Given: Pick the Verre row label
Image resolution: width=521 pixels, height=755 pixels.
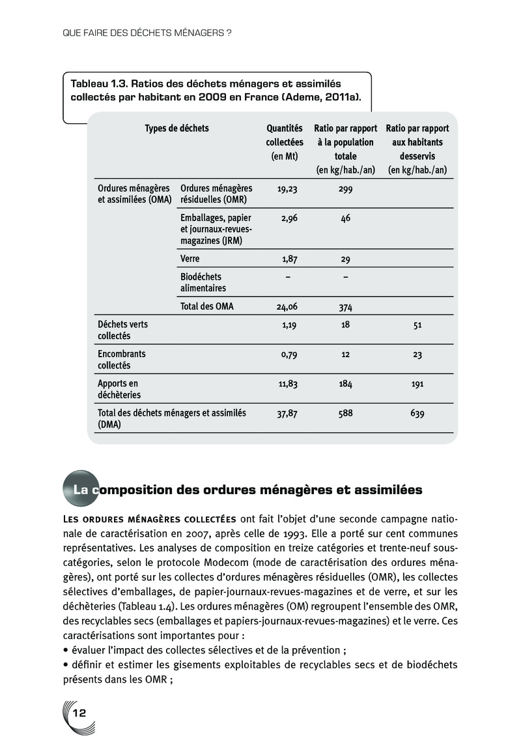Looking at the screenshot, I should tap(190, 259).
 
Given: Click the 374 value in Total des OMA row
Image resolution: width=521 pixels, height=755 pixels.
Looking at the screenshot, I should tap(345, 305).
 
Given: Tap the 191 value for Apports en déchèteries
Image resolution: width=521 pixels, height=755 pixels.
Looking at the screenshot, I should tap(417, 384).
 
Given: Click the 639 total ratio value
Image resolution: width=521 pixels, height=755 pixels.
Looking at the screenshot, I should tap(417, 413).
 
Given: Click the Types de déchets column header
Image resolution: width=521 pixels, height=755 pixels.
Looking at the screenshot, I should tap(176, 128).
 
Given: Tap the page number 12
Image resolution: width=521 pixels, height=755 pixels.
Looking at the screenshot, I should tap(79, 713).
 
